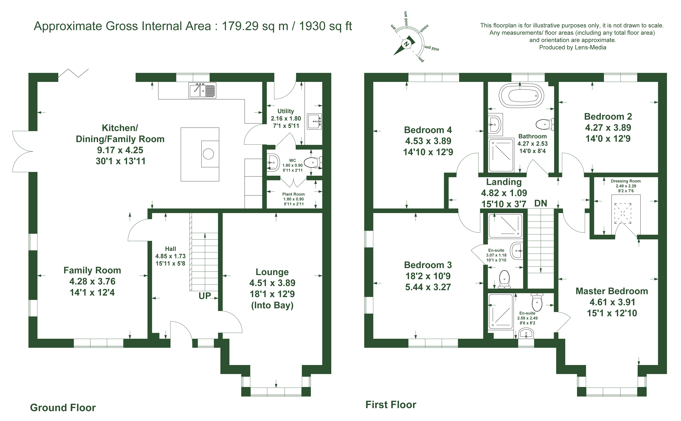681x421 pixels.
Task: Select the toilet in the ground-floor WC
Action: [313, 162]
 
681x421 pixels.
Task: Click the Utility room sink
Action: [314, 121]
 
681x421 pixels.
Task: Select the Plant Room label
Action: [293, 194]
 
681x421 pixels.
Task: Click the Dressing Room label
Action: [626, 181]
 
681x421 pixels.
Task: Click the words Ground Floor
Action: [63, 408]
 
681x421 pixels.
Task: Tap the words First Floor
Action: [391, 405]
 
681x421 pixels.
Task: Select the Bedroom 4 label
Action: [428, 130]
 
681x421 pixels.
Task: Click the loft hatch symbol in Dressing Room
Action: [623, 213]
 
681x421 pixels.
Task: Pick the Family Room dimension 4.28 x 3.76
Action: [92, 281]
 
